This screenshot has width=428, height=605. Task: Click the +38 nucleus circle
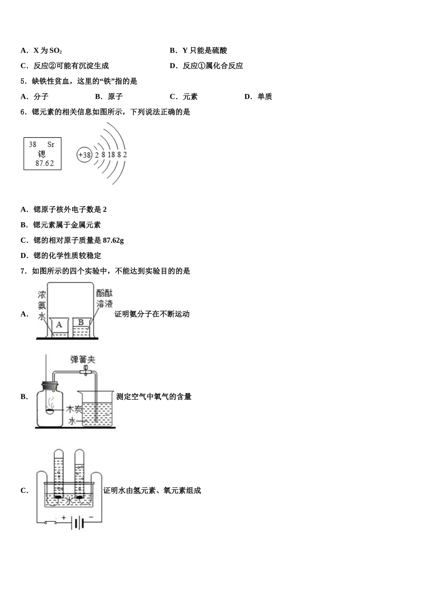click(x=84, y=155)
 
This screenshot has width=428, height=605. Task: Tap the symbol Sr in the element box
click(x=50, y=144)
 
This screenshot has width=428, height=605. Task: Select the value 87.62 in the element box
click(x=45, y=163)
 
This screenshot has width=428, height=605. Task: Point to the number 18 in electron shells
click(x=111, y=155)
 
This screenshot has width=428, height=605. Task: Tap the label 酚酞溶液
click(x=105, y=298)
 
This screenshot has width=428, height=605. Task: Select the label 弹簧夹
click(x=83, y=359)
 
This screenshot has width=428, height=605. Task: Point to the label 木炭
click(x=74, y=409)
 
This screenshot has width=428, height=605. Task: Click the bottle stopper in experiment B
click(x=50, y=386)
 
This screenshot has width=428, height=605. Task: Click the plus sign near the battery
click(x=64, y=518)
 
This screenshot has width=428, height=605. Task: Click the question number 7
click(x=23, y=271)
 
